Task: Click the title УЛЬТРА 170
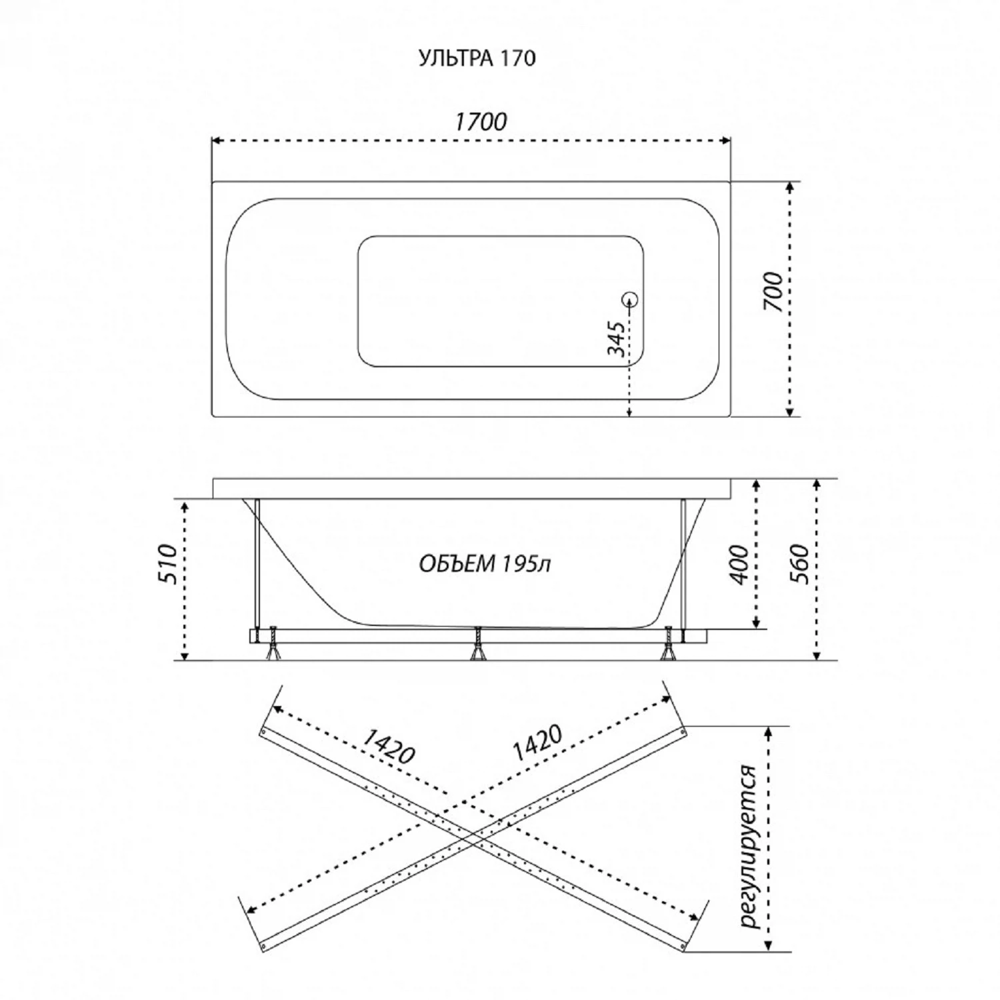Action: click(477, 59)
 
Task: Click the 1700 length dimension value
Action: click(480, 121)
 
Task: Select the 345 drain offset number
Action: click(617, 339)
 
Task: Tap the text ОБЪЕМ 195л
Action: click(484, 564)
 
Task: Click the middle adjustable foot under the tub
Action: click(477, 644)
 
